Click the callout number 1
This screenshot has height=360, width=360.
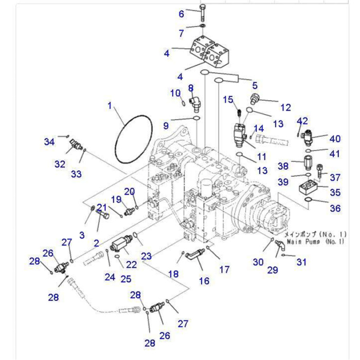click(x=110, y=106)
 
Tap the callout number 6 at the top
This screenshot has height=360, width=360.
click(x=181, y=14)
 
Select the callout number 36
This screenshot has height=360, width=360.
click(x=335, y=208)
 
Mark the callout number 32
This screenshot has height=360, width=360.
click(x=60, y=164)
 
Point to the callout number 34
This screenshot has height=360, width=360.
click(x=49, y=141)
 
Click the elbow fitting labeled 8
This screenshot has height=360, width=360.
click(x=194, y=102)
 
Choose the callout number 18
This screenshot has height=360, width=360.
click(x=173, y=274)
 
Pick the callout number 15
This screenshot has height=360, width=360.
click(x=228, y=99)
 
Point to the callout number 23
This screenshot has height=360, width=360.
click(x=147, y=256)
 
